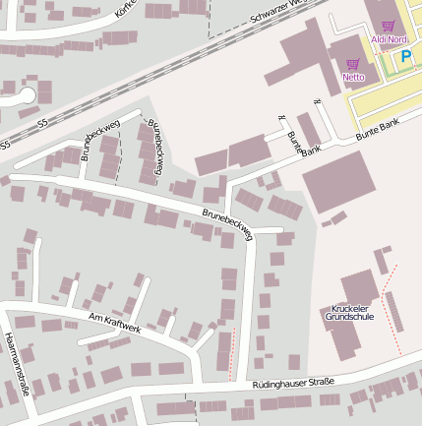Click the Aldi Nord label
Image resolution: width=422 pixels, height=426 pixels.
[x=389, y=39]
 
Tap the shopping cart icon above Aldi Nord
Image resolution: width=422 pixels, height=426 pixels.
[x=389, y=27]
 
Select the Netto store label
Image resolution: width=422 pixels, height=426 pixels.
[x=353, y=77]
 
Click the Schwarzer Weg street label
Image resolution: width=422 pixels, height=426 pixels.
[x=279, y=12]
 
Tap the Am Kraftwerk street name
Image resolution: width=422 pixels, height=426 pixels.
[x=114, y=322]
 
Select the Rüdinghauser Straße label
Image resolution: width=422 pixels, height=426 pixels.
[x=293, y=383]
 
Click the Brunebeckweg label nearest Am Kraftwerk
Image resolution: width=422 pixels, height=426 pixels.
[x=227, y=222]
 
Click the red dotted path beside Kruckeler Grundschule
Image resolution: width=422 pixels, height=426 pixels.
[x=389, y=295]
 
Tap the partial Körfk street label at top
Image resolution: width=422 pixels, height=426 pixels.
[x=124, y=8]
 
